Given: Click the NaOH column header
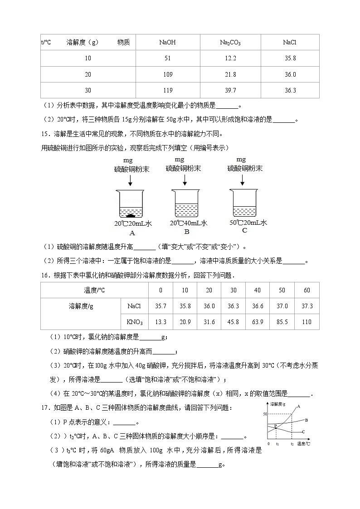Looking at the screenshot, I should pos(167,43).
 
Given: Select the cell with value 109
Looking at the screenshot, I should pos(167,74).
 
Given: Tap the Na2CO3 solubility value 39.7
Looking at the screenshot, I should pos(230,90).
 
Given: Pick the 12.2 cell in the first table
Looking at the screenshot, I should pos(230,58).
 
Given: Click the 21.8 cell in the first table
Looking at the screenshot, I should pos(230,74).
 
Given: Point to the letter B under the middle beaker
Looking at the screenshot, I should pos(186,232).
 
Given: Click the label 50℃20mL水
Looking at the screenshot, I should pos(248,223).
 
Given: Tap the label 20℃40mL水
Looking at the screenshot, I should pos(189,223).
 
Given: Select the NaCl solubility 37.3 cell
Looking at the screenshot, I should pos(307,306).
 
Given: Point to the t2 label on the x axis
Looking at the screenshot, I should pos(292,445).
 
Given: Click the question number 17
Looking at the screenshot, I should pos(44,408).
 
